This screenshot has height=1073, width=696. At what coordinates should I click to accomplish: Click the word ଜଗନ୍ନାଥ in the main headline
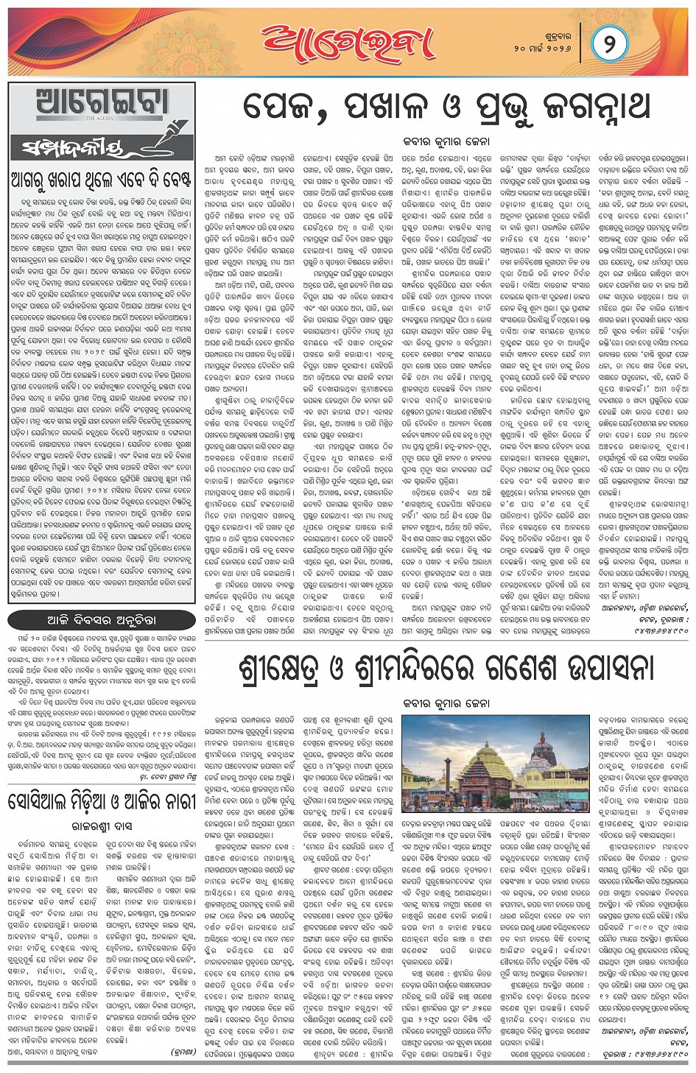click(580, 108)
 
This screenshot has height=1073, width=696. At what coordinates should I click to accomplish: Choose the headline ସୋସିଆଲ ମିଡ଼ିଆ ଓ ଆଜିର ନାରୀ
click(102, 801)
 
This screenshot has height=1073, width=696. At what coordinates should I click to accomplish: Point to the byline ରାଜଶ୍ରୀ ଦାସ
click(102, 826)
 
